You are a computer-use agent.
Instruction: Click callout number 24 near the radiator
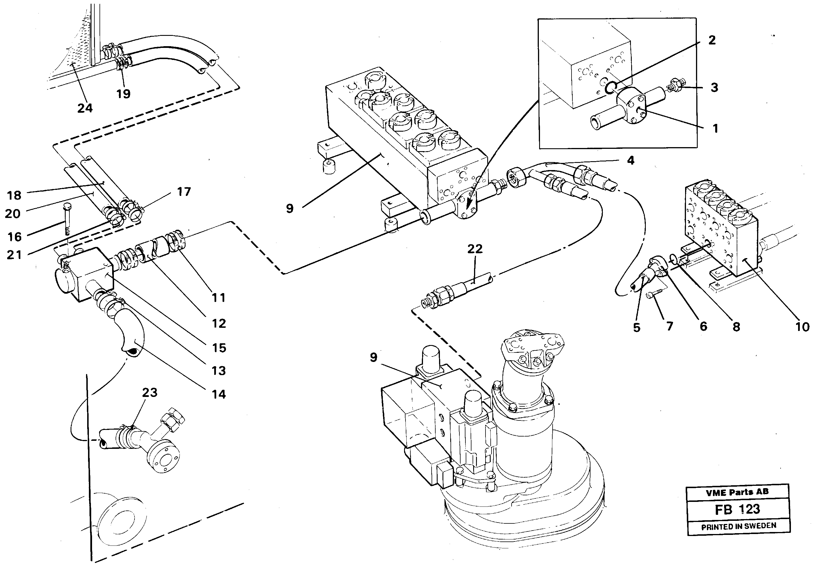coord(85,108)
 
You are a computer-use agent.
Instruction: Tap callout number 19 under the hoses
coord(123,94)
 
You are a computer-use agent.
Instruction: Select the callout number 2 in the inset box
coord(712,40)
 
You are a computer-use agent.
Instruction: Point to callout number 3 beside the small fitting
coord(714,87)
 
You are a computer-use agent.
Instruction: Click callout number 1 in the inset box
coord(715,128)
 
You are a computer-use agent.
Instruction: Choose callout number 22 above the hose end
coord(475,249)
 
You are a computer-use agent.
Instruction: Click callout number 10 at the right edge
coord(802,327)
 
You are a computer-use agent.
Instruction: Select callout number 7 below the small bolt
coord(669,326)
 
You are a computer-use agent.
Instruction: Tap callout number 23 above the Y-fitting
coord(149,393)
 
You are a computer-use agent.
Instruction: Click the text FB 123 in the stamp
coord(738,509)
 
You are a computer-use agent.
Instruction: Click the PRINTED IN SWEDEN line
coord(738,526)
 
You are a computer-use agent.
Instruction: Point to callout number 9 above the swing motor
coord(373,357)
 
